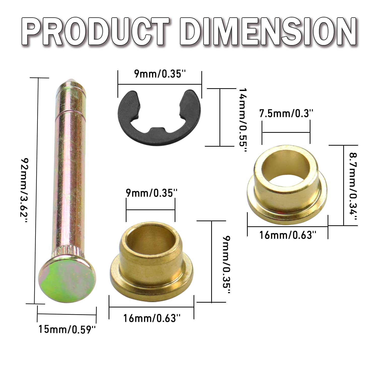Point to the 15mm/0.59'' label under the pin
pos(67,329)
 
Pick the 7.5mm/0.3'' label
pos(286,114)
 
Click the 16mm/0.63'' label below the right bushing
pos(288,235)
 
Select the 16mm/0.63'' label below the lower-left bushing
pos(152,318)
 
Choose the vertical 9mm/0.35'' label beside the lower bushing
pos(226,265)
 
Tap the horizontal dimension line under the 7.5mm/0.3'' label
pos(286,132)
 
